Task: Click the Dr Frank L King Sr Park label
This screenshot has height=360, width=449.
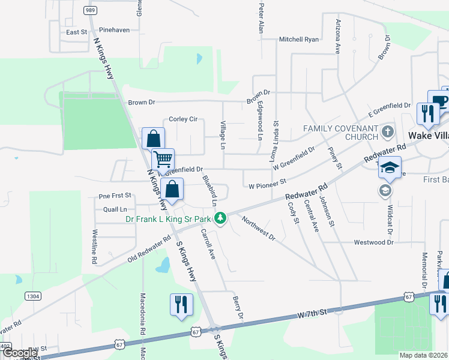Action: tap(170, 218)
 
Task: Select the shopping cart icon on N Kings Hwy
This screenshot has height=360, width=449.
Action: tap(163, 160)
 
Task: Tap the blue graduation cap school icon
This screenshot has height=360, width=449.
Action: tap(390, 167)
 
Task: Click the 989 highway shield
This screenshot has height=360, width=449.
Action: tap(90, 10)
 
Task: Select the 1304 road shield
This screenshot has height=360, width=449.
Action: tap(33, 296)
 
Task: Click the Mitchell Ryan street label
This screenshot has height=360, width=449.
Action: tap(298, 40)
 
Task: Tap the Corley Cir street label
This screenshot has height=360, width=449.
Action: tap(183, 119)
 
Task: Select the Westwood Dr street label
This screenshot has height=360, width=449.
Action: tap(373, 242)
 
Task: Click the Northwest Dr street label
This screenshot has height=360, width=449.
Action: tap(258, 229)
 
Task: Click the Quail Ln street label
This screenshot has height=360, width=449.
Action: tap(115, 209)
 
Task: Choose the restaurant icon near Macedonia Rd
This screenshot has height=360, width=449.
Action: tap(181, 304)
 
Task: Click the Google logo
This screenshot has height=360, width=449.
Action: tap(20, 353)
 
